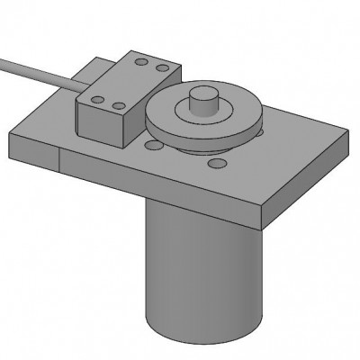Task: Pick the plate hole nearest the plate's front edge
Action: (217, 164)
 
